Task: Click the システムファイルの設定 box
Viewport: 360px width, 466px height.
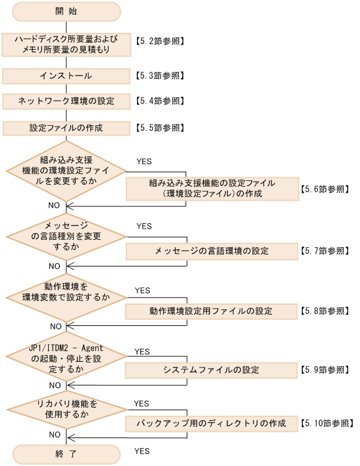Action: point(211,370)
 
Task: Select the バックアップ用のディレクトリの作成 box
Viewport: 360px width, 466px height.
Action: point(211,424)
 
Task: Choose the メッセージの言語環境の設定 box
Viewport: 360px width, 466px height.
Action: point(211,252)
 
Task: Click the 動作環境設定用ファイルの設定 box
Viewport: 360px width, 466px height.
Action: point(211,310)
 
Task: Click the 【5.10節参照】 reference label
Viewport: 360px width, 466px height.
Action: point(325,424)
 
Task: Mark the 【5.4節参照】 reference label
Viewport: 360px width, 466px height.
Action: point(159,101)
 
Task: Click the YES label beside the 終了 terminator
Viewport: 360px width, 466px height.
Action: point(142,451)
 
